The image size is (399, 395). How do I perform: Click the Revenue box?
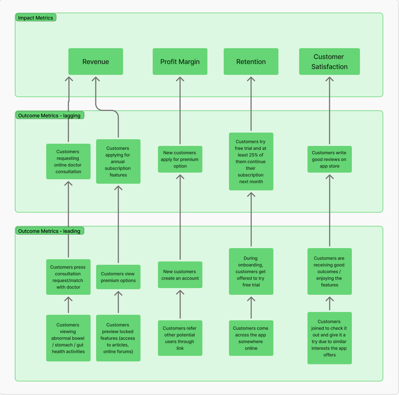tap(95, 62)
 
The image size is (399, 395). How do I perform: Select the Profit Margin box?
tap(180, 62)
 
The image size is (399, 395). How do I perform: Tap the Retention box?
tap(251, 62)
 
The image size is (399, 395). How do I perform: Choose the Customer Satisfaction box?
tap(329, 62)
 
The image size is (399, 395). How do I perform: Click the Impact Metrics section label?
tap(36, 18)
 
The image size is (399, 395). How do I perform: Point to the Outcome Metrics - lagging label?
tap(49, 116)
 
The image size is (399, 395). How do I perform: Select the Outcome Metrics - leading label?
tap(49, 231)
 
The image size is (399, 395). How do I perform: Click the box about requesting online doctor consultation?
tap(68, 162)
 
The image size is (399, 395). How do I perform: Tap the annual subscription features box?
tap(118, 162)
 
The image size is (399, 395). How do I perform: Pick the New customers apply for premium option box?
tap(180, 159)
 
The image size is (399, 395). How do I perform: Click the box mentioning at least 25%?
tap(251, 162)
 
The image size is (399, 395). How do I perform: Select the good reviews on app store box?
tap(329, 159)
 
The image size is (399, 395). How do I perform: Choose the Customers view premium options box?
tap(118, 277)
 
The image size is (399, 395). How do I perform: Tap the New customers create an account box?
tap(180, 275)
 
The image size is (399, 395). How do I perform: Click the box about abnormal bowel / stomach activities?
tap(68, 338)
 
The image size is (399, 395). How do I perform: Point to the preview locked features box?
tap(118, 338)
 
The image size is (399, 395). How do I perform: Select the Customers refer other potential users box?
tap(180, 338)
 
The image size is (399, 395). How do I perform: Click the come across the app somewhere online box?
tap(251, 338)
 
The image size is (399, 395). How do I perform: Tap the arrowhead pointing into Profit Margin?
tap(180, 79)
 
